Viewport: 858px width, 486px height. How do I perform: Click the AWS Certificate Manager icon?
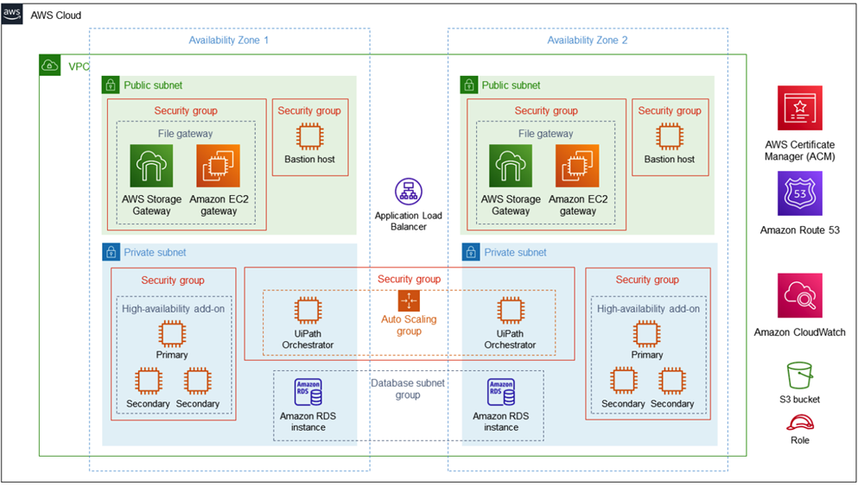[x=800, y=108]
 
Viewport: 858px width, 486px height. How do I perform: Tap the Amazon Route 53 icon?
[x=800, y=193]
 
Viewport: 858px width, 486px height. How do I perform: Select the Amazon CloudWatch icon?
[x=800, y=296]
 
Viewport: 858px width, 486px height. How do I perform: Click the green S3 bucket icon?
[x=800, y=376]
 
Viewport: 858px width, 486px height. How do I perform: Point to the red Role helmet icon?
[x=800, y=422]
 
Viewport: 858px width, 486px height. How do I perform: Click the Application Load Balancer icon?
[x=409, y=192]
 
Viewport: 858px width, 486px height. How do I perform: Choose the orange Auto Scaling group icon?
[x=409, y=300]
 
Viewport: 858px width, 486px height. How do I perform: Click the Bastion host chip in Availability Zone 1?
[x=309, y=136]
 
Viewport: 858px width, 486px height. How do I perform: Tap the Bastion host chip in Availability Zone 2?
[x=670, y=136]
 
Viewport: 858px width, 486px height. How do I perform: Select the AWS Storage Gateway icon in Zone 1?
[x=152, y=167]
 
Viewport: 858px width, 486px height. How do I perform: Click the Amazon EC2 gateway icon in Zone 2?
[x=578, y=167]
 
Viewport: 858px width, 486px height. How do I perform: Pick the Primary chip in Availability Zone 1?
[x=172, y=334]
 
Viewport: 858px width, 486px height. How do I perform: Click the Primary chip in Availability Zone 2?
[x=646, y=334]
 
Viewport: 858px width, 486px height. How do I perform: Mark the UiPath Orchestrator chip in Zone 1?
[x=308, y=312]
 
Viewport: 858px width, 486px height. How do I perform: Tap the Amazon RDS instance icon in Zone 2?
[x=501, y=393]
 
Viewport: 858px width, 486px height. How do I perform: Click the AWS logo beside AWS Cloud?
[x=12, y=15]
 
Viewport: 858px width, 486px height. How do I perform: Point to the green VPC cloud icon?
[x=50, y=66]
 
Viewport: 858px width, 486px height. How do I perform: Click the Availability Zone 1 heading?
[x=229, y=41]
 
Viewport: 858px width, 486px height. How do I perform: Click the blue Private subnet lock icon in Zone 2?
[x=471, y=252]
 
